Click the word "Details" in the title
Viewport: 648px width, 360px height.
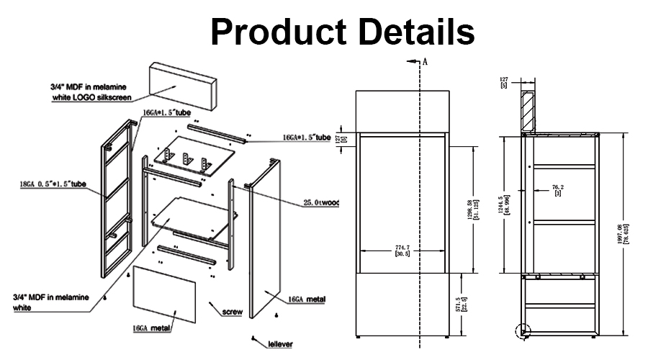413,32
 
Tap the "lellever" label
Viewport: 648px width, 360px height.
281,344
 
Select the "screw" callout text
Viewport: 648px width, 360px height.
232,312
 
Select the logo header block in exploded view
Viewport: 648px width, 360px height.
184,82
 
